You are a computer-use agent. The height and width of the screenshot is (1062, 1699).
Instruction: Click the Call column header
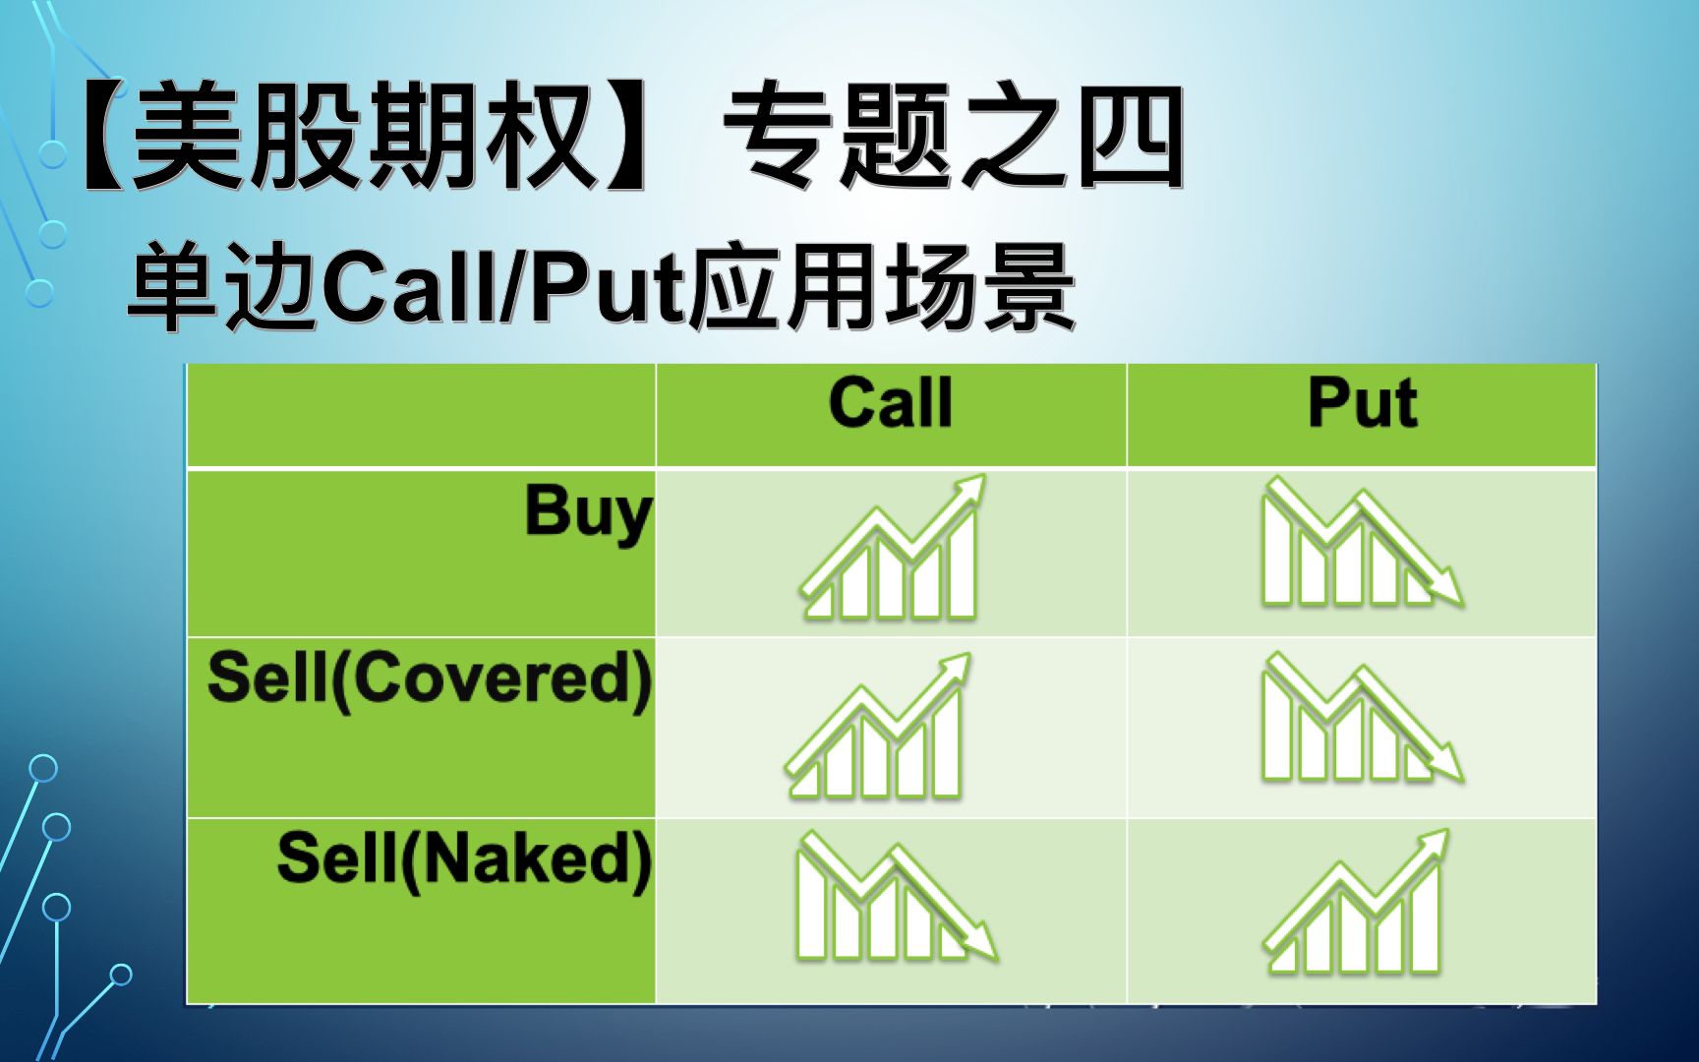coord(891,403)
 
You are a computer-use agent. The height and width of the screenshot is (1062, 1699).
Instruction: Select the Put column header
coord(1363,403)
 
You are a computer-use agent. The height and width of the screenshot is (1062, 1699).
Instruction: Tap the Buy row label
coord(588,512)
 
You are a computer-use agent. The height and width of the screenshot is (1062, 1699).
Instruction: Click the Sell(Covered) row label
coord(430,678)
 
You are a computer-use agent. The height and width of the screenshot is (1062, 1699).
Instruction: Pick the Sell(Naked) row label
coord(464,858)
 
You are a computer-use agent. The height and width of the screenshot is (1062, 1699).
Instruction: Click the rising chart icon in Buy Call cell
coord(892,548)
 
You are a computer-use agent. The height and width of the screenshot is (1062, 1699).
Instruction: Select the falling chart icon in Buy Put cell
coord(1363,542)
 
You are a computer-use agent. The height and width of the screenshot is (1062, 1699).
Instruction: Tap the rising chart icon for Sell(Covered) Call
coord(877,726)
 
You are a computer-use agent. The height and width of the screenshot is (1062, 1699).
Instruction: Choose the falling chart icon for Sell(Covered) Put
coord(1363,718)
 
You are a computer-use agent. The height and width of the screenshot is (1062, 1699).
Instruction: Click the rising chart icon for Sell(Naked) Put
coord(1356,902)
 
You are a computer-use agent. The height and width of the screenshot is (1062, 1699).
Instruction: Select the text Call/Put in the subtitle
coord(502,289)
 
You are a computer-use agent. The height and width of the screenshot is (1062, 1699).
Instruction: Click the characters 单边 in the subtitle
coord(223,289)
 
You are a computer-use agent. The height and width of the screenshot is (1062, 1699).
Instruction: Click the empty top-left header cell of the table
coord(421,415)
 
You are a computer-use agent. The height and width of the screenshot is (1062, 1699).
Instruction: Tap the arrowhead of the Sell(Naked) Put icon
coord(1434,843)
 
